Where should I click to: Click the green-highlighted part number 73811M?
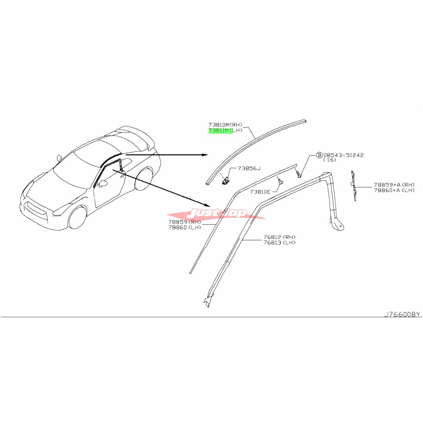coord(220,131)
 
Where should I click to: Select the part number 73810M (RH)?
coord(225,125)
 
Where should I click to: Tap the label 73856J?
coord(249,169)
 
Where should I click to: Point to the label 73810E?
coord(260,192)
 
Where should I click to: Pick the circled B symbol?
coord(319,155)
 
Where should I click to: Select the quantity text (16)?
coord(330,160)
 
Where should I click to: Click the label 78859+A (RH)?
coord(394,185)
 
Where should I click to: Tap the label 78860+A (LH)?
coord(394,190)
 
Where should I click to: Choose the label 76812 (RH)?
coord(280,237)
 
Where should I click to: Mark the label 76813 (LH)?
coord(280,242)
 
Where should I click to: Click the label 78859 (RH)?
coord(185,222)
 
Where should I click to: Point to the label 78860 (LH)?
coord(185,228)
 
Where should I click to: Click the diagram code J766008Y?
coord(402,314)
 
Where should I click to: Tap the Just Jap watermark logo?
coord(216,214)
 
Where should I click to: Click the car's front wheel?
coord(77,218)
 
